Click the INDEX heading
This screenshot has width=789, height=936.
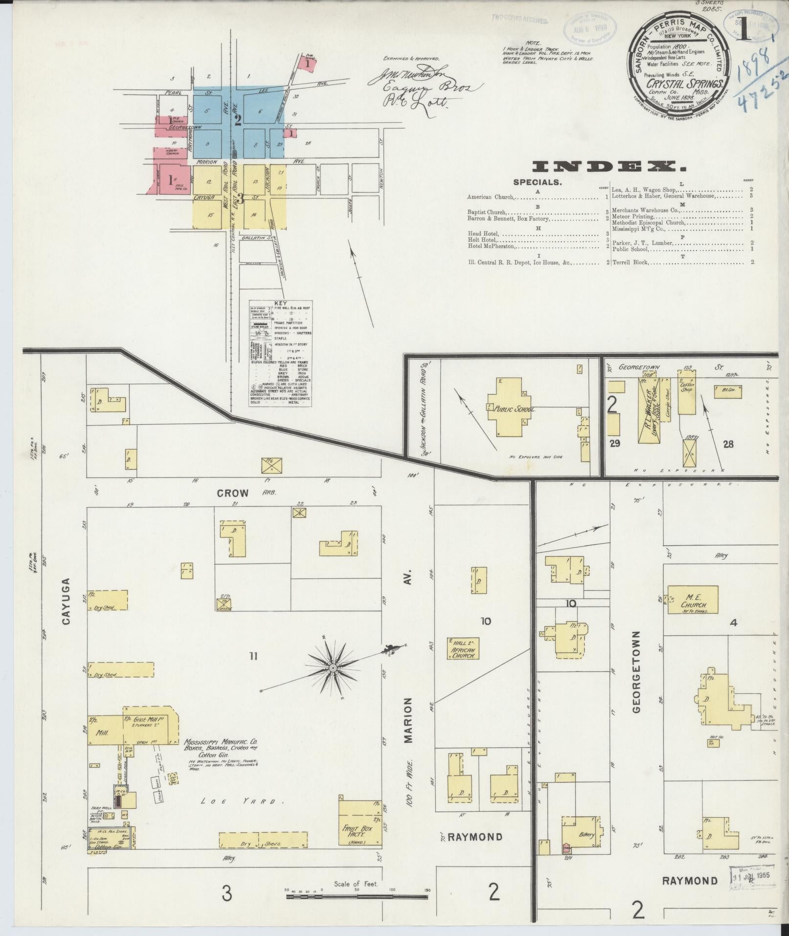609,167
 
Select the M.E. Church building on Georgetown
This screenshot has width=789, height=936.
693,599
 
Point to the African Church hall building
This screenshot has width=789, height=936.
462,649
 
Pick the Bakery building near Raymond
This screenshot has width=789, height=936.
581,832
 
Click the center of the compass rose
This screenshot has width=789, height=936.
333,668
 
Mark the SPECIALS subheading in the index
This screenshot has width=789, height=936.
537,182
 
